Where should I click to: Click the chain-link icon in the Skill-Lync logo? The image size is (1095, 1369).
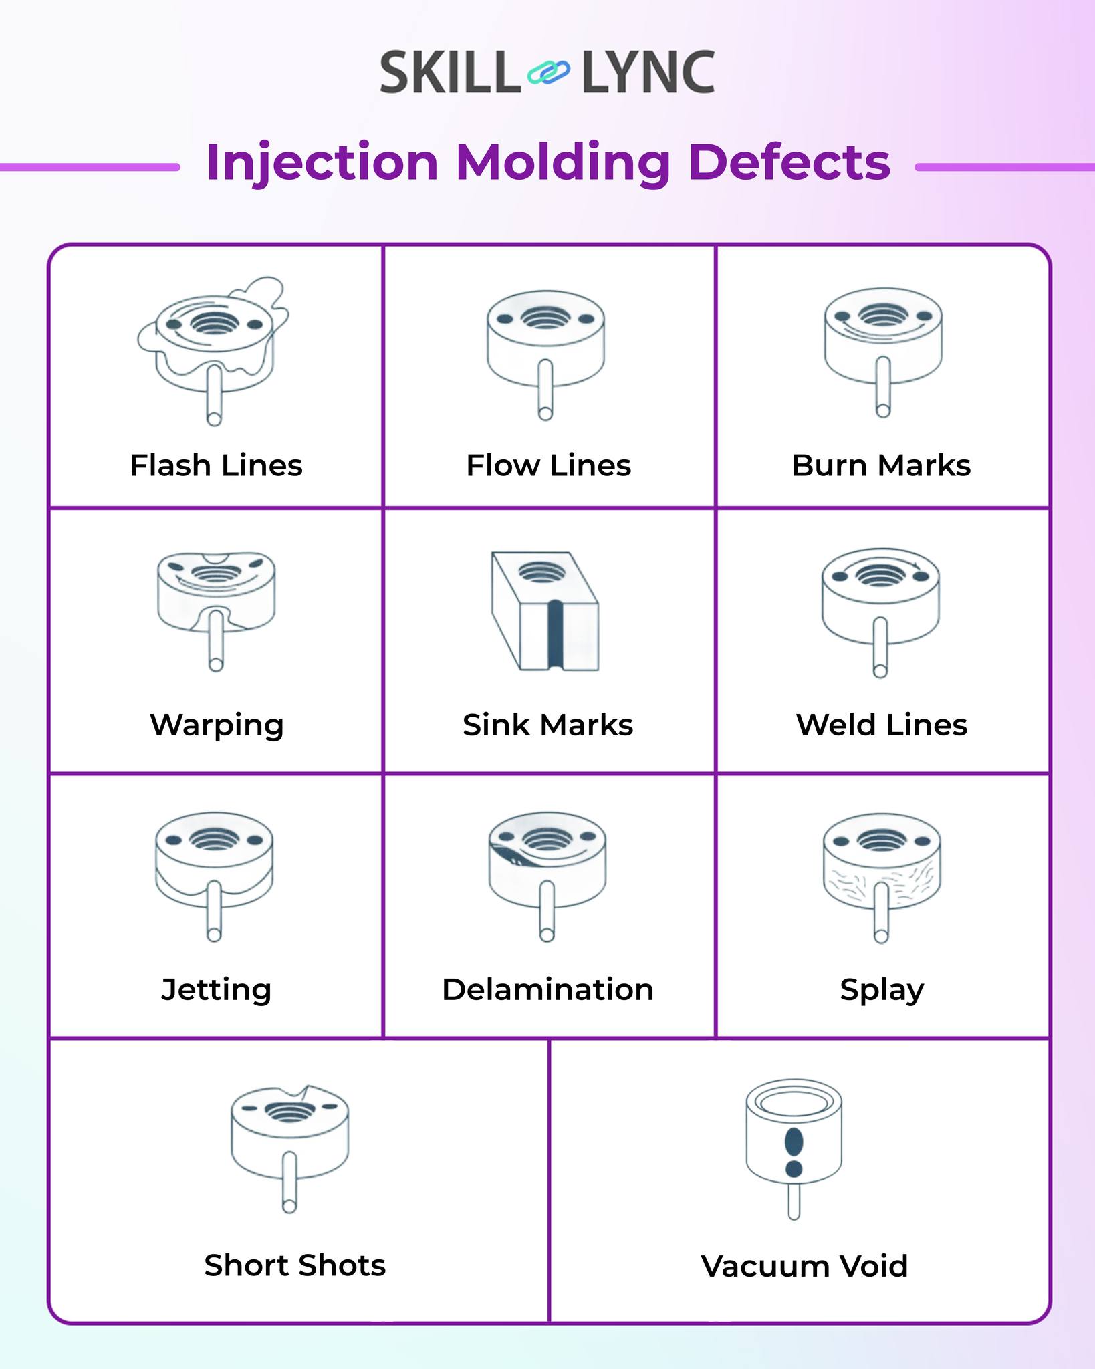coord(548,72)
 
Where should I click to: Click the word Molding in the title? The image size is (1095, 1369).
coord(563,163)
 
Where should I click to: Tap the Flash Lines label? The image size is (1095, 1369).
coord(216,465)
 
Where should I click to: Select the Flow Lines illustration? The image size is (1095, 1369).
coord(545,355)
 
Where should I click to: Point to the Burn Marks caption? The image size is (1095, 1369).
coord(881,465)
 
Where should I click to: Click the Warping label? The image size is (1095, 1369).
coord(217,726)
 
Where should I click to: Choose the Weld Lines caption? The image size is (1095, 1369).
coord(882,725)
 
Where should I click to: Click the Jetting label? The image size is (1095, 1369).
coord(216,990)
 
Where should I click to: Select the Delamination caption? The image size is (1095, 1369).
coord(547,989)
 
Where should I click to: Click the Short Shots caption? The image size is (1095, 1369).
coord(295,1265)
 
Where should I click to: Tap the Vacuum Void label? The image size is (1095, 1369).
coord(804,1266)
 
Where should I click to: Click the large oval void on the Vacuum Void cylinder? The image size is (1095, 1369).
coord(794,1142)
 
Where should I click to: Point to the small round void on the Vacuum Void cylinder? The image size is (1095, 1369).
coord(794,1168)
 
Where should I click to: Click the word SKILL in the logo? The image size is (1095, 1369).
coord(450,72)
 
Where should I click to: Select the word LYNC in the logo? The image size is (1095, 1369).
coord(648,72)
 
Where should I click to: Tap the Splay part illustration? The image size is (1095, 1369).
coord(882,878)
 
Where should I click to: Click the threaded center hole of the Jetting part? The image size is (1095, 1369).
coord(215,839)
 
